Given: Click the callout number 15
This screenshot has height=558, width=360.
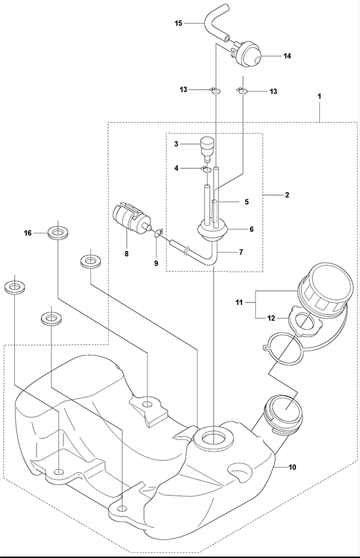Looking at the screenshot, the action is pyautogui.click(x=178, y=24).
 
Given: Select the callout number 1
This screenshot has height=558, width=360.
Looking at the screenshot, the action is pyautogui.click(x=319, y=96).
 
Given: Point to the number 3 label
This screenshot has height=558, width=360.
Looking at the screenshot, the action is pyautogui.click(x=176, y=144).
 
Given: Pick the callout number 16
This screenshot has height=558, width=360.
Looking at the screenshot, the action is pyautogui.click(x=28, y=233).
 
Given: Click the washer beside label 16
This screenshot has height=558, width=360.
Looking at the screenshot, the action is pyautogui.click(x=58, y=234).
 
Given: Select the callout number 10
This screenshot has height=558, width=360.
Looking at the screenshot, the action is pyautogui.click(x=292, y=467).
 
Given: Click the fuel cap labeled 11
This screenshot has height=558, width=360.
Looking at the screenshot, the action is pyautogui.click(x=325, y=290).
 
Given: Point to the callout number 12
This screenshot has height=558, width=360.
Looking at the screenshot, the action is pyautogui.click(x=272, y=318).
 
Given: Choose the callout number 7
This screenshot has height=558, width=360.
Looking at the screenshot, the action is pyautogui.click(x=241, y=252).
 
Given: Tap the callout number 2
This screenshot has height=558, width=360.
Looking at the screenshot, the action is pyautogui.click(x=287, y=195).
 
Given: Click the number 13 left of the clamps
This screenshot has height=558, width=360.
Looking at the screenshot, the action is pyautogui.click(x=184, y=90).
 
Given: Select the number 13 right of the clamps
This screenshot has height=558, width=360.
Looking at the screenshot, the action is pyautogui.click(x=273, y=92).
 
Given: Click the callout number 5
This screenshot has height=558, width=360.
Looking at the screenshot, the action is pyautogui.click(x=247, y=202).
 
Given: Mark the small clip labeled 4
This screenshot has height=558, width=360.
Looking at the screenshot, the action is pyautogui.click(x=206, y=170).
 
